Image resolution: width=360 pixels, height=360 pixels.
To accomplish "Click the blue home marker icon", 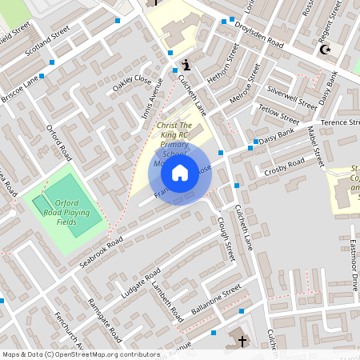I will point(180,172).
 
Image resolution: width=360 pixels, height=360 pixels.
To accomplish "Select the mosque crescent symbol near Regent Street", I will point(325,50).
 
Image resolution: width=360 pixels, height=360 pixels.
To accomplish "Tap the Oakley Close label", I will point(132,81).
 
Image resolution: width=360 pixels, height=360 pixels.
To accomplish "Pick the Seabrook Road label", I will point(101,250).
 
